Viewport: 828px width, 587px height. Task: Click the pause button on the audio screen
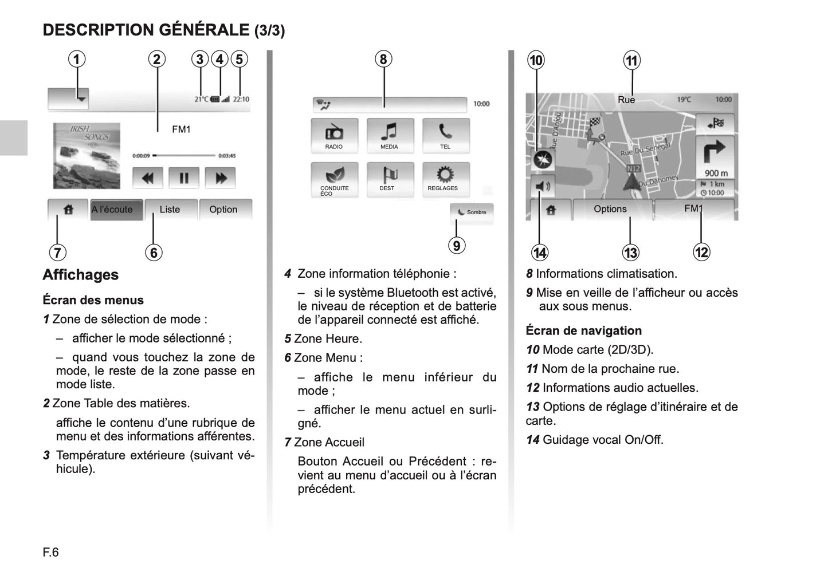click(x=183, y=178)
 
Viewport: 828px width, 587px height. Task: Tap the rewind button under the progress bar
click(x=148, y=178)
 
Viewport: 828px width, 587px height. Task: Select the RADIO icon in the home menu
click(x=334, y=134)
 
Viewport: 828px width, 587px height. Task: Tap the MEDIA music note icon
click(x=390, y=134)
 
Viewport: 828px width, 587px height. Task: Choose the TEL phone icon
click(x=445, y=134)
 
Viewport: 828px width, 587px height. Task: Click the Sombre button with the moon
click(x=472, y=212)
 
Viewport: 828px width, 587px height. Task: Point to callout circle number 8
click(x=383, y=59)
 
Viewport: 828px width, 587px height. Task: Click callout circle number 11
click(x=631, y=60)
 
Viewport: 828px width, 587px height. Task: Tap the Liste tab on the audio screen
click(x=170, y=210)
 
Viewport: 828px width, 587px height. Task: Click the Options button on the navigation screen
click(x=610, y=209)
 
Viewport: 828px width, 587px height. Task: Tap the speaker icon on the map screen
click(x=541, y=186)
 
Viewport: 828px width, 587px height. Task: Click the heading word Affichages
click(x=81, y=275)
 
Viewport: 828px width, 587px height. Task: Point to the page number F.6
click(x=50, y=552)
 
